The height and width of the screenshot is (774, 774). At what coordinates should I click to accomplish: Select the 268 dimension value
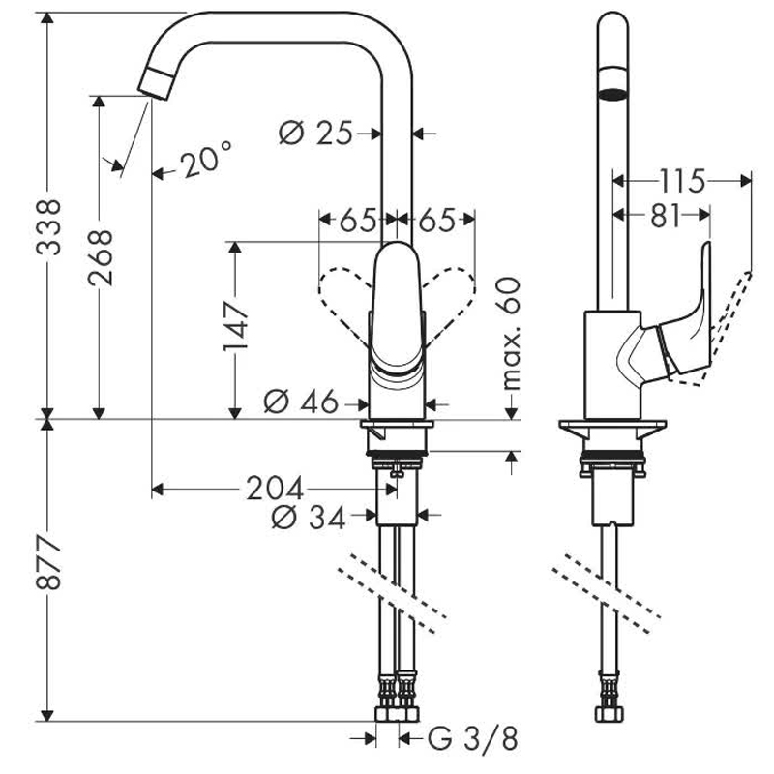100,258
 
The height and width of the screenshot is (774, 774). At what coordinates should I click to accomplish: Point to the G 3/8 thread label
473,740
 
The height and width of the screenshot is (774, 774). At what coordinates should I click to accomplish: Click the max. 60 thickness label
510,333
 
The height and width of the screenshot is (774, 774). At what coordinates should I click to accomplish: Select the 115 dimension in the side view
682,179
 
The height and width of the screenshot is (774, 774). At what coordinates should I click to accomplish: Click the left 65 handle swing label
357,221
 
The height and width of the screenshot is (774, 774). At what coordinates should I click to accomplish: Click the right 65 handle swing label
436,221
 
